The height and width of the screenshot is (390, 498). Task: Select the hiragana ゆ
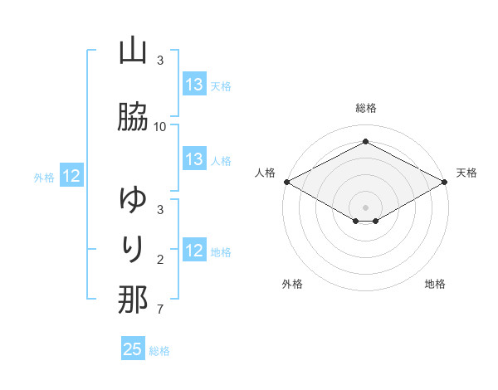pos(133,200)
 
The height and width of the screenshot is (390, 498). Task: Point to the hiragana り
pos(133,249)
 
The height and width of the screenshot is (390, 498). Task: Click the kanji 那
pos(133,300)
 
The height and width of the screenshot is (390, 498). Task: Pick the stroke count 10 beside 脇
pos(160,127)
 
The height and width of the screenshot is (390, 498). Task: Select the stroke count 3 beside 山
pos(159,61)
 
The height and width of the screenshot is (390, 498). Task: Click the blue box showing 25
pos(134,349)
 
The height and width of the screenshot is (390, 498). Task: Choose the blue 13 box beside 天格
pos(194,85)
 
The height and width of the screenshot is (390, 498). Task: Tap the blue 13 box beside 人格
pos(194,159)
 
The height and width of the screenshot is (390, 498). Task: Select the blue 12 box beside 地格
pos(194,251)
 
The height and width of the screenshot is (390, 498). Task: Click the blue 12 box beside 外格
pos(71,176)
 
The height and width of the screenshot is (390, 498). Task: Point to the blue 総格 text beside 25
pos(159,351)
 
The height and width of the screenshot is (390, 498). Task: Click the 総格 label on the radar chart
pos(366,108)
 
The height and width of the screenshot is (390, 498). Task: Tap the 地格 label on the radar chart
pos(435,284)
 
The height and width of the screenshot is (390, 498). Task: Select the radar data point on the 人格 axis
pos(286,182)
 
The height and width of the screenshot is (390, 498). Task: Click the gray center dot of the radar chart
pos(366,207)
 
